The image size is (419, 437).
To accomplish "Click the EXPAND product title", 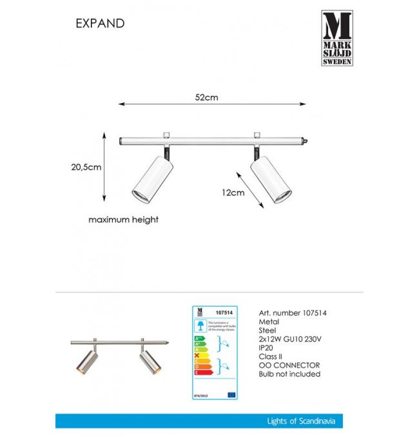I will [99, 23].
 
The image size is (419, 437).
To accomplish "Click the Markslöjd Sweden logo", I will [336, 39].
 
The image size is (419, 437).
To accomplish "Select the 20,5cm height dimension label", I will [86, 167].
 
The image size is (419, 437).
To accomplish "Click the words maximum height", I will [123, 219].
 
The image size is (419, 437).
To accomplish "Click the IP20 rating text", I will [267, 347].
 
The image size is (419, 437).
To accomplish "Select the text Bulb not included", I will [289, 374].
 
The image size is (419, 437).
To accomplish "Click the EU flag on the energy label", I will [231, 393].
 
